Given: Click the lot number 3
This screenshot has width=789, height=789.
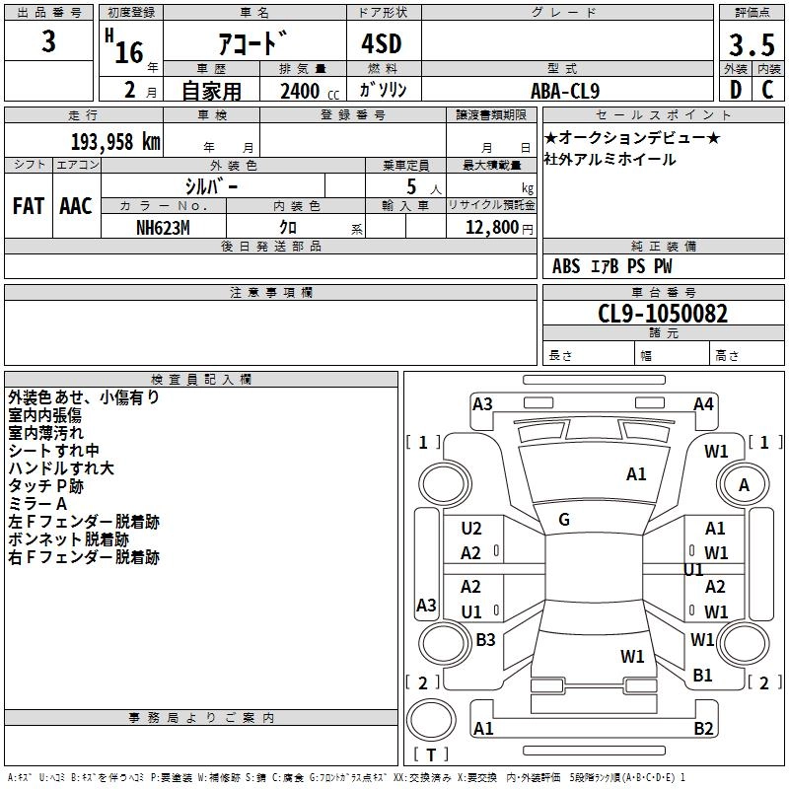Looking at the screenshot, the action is pyautogui.click(x=48, y=41).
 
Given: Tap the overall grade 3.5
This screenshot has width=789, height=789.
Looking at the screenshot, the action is pyautogui.click(x=752, y=45).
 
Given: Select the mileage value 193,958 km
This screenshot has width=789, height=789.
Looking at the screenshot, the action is pyautogui.click(x=115, y=142).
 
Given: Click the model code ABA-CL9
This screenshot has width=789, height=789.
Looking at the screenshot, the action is pyautogui.click(x=565, y=91).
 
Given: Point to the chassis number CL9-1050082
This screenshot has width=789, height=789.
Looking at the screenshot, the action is pyautogui.click(x=663, y=314).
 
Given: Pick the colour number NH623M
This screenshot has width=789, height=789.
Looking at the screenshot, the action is pyautogui.click(x=163, y=228).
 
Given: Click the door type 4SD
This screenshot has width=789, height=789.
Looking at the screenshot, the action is pyautogui.click(x=382, y=43).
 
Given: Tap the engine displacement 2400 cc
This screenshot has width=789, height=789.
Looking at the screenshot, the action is pyautogui.click(x=310, y=91).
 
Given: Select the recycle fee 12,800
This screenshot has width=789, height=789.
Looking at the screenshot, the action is pyautogui.click(x=492, y=228).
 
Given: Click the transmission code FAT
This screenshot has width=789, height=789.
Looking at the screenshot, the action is pyautogui.click(x=29, y=206).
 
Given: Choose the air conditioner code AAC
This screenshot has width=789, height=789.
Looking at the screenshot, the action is pyautogui.click(x=76, y=206).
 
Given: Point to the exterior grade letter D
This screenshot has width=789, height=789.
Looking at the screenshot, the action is pyautogui.click(x=736, y=90).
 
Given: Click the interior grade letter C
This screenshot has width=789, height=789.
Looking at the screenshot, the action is pyautogui.click(x=767, y=90).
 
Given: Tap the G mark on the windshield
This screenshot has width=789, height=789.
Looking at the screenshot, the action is pyautogui.click(x=564, y=520).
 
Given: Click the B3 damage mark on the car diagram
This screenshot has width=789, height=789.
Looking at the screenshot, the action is pyautogui.click(x=485, y=639).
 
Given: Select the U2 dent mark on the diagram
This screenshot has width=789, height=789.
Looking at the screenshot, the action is pyautogui.click(x=471, y=529).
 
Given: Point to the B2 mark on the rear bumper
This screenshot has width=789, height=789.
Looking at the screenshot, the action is pyautogui.click(x=703, y=728).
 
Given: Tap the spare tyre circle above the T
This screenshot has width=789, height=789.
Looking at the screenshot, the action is pyautogui.click(x=431, y=720).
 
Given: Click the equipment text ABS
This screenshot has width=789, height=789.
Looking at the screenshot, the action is pyautogui.click(x=566, y=266).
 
